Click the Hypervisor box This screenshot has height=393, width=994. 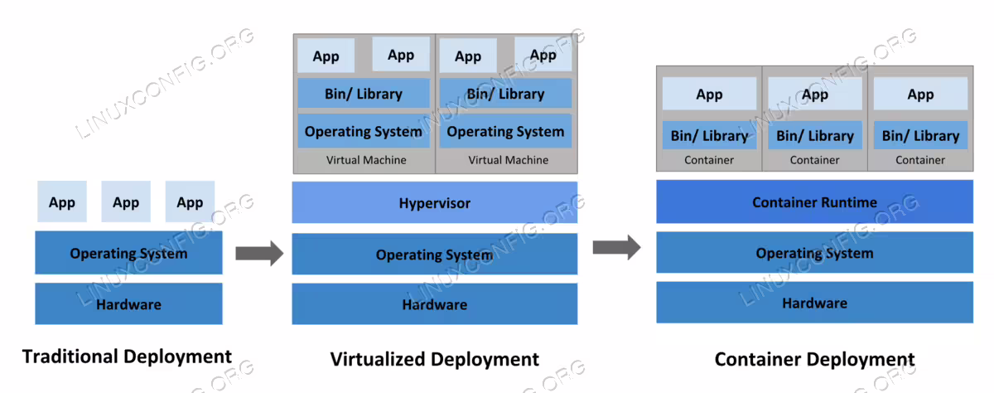pos(434,202)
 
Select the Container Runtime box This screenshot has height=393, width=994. pos(815,201)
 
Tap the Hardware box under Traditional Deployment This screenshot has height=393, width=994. pos(128,303)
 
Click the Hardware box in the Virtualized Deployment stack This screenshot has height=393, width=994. pos(434,304)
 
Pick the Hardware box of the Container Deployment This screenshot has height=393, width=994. pos(815,303)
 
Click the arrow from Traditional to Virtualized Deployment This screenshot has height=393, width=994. pos(259,254)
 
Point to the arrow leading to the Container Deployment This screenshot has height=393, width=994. pos(617,247)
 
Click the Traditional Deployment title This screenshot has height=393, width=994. pos(127,357)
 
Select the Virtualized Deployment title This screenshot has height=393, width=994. pos(434,359)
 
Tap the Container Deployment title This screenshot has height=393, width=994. pos(815,359)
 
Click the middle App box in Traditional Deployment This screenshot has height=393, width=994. pos(126,201)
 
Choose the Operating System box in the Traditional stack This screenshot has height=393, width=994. pos(128,253)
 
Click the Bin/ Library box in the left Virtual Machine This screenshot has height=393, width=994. pos(364,93)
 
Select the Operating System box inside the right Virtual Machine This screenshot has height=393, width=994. pos(505,131)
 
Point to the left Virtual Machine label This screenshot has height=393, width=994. pos(366,160)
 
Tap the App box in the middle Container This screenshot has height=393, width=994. pos(815,94)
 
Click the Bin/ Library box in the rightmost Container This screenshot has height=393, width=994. pos(920,135)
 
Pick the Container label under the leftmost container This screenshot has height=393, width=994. pos(709,160)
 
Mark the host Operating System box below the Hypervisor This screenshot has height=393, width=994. pos(434,254)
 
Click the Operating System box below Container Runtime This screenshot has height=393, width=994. pos(815,252)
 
